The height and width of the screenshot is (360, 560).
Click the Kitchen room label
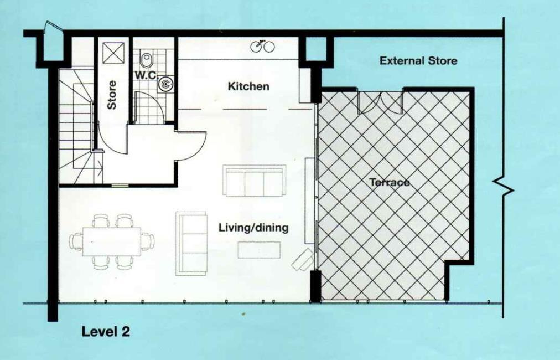(x=248, y=86)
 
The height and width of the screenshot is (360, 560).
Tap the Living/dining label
(x=253, y=228)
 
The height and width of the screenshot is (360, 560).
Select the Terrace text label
(x=390, y=182)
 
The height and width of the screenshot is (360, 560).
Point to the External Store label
(x=418, y=61)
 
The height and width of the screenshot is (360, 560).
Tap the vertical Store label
(x=112, y=94)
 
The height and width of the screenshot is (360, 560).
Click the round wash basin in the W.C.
(x=164, y=84)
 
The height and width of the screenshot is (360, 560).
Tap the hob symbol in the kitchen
(x=262, y=47)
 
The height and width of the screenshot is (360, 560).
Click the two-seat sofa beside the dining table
(x=191, y=243)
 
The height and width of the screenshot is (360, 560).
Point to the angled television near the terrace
(x=304, y=259)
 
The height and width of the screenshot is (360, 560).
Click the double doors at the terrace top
(x=380, y=101)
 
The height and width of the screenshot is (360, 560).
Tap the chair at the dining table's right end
(x=148, y=241)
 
